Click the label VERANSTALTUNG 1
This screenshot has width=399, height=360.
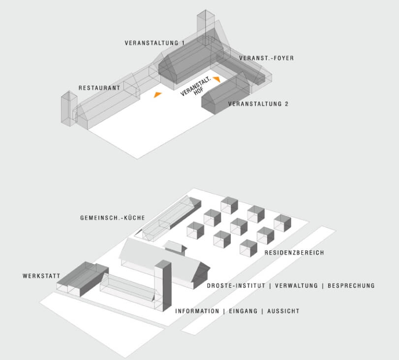[154, 43]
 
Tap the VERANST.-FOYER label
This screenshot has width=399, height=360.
[267, 58]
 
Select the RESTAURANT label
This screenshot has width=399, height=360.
[99, 88]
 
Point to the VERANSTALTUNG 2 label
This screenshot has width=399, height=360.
[258, 104]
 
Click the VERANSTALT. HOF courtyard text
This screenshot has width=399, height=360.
[196, 87]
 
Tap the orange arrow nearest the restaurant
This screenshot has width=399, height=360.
[157, 95]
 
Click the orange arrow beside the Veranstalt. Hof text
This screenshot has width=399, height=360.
[217, 79]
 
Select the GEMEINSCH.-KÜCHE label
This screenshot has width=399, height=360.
[113, 218]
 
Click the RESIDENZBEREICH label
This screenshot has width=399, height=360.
[294, 253]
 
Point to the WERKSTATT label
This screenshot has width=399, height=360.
[41, 276]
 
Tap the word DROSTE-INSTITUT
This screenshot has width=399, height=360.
[236, 286]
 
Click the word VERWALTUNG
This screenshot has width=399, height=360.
[297, 286]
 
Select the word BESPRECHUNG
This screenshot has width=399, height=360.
[351, 286]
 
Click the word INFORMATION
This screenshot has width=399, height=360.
[197, 311]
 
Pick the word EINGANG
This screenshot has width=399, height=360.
[243, 311]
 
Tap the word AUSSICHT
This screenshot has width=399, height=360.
[283, 311]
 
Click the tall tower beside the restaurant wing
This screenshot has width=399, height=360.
[69, 108]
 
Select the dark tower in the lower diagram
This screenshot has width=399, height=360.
[163, 285]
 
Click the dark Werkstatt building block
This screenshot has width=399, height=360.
[83, 279]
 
